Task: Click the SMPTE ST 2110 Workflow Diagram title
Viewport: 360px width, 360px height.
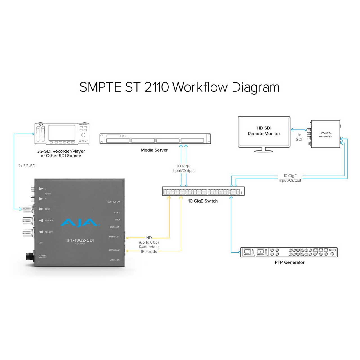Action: click(179, 87)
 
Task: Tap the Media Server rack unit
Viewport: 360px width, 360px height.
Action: click(155, 139)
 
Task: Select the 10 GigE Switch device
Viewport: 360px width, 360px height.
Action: click(203, 192)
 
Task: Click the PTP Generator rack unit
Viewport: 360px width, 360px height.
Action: click(289, 252)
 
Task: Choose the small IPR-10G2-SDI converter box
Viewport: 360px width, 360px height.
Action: click(325, 134)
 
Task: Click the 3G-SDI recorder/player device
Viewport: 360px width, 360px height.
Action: click(62, 134)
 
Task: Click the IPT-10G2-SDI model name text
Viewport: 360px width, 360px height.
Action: click(80, 240)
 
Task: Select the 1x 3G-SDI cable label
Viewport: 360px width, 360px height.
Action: click(28, 166)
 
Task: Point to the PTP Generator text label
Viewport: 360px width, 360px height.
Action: click(289, 262)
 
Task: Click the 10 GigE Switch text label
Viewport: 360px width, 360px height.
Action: click(203, 201)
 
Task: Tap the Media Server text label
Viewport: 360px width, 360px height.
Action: click(154, 150)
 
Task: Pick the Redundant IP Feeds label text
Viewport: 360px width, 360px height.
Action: click(149, 249)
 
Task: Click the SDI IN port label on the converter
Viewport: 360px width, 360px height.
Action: click(47, 209)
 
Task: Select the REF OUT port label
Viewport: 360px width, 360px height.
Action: click(49, 232)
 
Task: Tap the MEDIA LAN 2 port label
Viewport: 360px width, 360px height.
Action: click(114, 250)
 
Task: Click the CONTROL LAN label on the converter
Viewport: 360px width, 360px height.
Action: click(114, 202)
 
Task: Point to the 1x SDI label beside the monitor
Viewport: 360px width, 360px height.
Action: click(299, 137)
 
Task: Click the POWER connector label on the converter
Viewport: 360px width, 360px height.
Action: click(42, 256)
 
